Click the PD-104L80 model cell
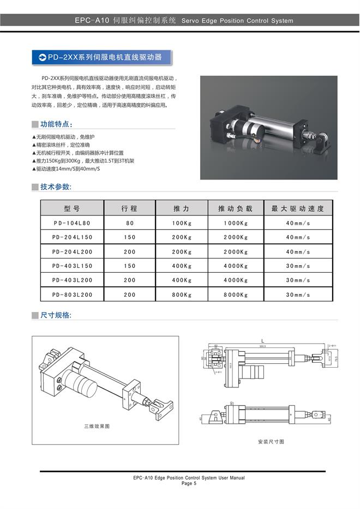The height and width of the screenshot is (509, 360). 71,223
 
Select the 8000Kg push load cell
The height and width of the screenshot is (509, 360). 235,295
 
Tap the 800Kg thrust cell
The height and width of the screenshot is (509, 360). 182,295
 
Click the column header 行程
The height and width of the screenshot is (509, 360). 129,208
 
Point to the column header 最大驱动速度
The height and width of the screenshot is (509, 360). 298,208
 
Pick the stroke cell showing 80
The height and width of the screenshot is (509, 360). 129,223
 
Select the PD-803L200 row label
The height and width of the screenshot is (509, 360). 71,295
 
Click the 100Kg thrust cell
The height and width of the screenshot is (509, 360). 182,223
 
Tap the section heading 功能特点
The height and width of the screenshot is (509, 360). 56,124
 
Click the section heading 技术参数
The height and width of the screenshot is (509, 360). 56,187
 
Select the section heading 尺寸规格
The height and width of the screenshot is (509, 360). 56,315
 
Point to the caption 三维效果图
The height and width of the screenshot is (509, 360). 97,426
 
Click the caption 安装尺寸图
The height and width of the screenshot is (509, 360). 271,441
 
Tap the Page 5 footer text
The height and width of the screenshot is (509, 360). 189,483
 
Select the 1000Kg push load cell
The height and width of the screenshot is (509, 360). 235,223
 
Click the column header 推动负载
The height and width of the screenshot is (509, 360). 235,208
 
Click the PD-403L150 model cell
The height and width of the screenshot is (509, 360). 71,266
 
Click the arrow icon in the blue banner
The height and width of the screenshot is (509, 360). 42,57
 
